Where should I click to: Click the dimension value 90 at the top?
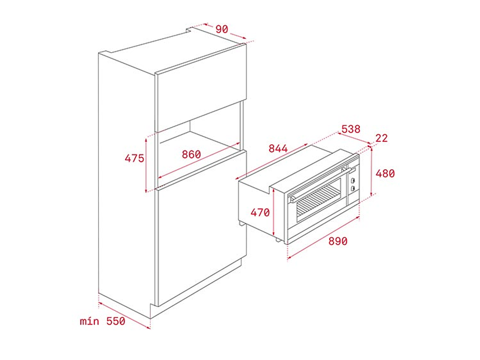pos(221,29)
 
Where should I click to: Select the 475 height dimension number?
pos(134,158)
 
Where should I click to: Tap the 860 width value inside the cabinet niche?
pos(191,155)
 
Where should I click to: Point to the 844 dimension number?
pos(278,149)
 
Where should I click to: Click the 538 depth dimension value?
pos(351,129)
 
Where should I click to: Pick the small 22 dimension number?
pos(381,138)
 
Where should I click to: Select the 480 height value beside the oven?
pos(385,173)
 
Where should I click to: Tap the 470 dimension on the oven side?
pos(260,213)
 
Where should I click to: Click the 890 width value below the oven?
pos(338,241)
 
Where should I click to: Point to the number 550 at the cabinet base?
pos(115,321)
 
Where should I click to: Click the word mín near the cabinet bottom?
pos(90,321)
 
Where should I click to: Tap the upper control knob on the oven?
pos(352,181)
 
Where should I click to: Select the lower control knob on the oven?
pos(352,188)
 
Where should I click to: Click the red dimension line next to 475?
pos(146,164)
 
